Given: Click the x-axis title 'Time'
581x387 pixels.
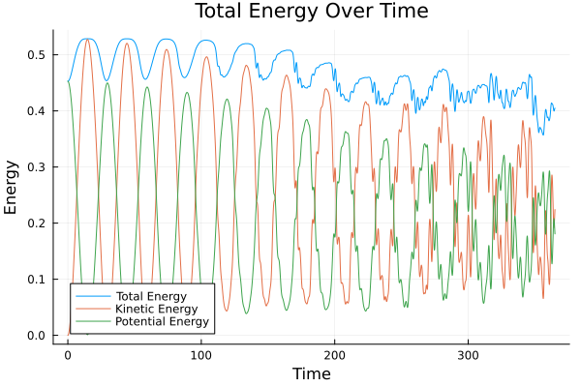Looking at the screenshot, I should tap(313, 373).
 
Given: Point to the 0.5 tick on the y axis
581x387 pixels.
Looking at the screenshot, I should tap(36, 55).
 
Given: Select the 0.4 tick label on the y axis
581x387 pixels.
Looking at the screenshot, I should tap(36, 111).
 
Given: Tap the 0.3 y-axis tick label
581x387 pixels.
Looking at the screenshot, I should tap(36, 167).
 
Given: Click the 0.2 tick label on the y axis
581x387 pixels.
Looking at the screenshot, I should tap(36, 223).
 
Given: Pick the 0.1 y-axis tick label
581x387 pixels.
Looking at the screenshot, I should tap(36, 280).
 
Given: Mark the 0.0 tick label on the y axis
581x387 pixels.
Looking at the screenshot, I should tap(36, 336).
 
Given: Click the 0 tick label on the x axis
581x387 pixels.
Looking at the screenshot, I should tap(68, 354).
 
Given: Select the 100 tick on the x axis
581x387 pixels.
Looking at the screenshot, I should tap(201, 354).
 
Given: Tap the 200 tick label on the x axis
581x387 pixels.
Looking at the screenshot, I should tap(335, 354).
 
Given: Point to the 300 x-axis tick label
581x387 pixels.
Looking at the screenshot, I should tap(469, 354).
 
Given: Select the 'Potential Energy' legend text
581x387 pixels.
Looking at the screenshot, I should tap(161, 321).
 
